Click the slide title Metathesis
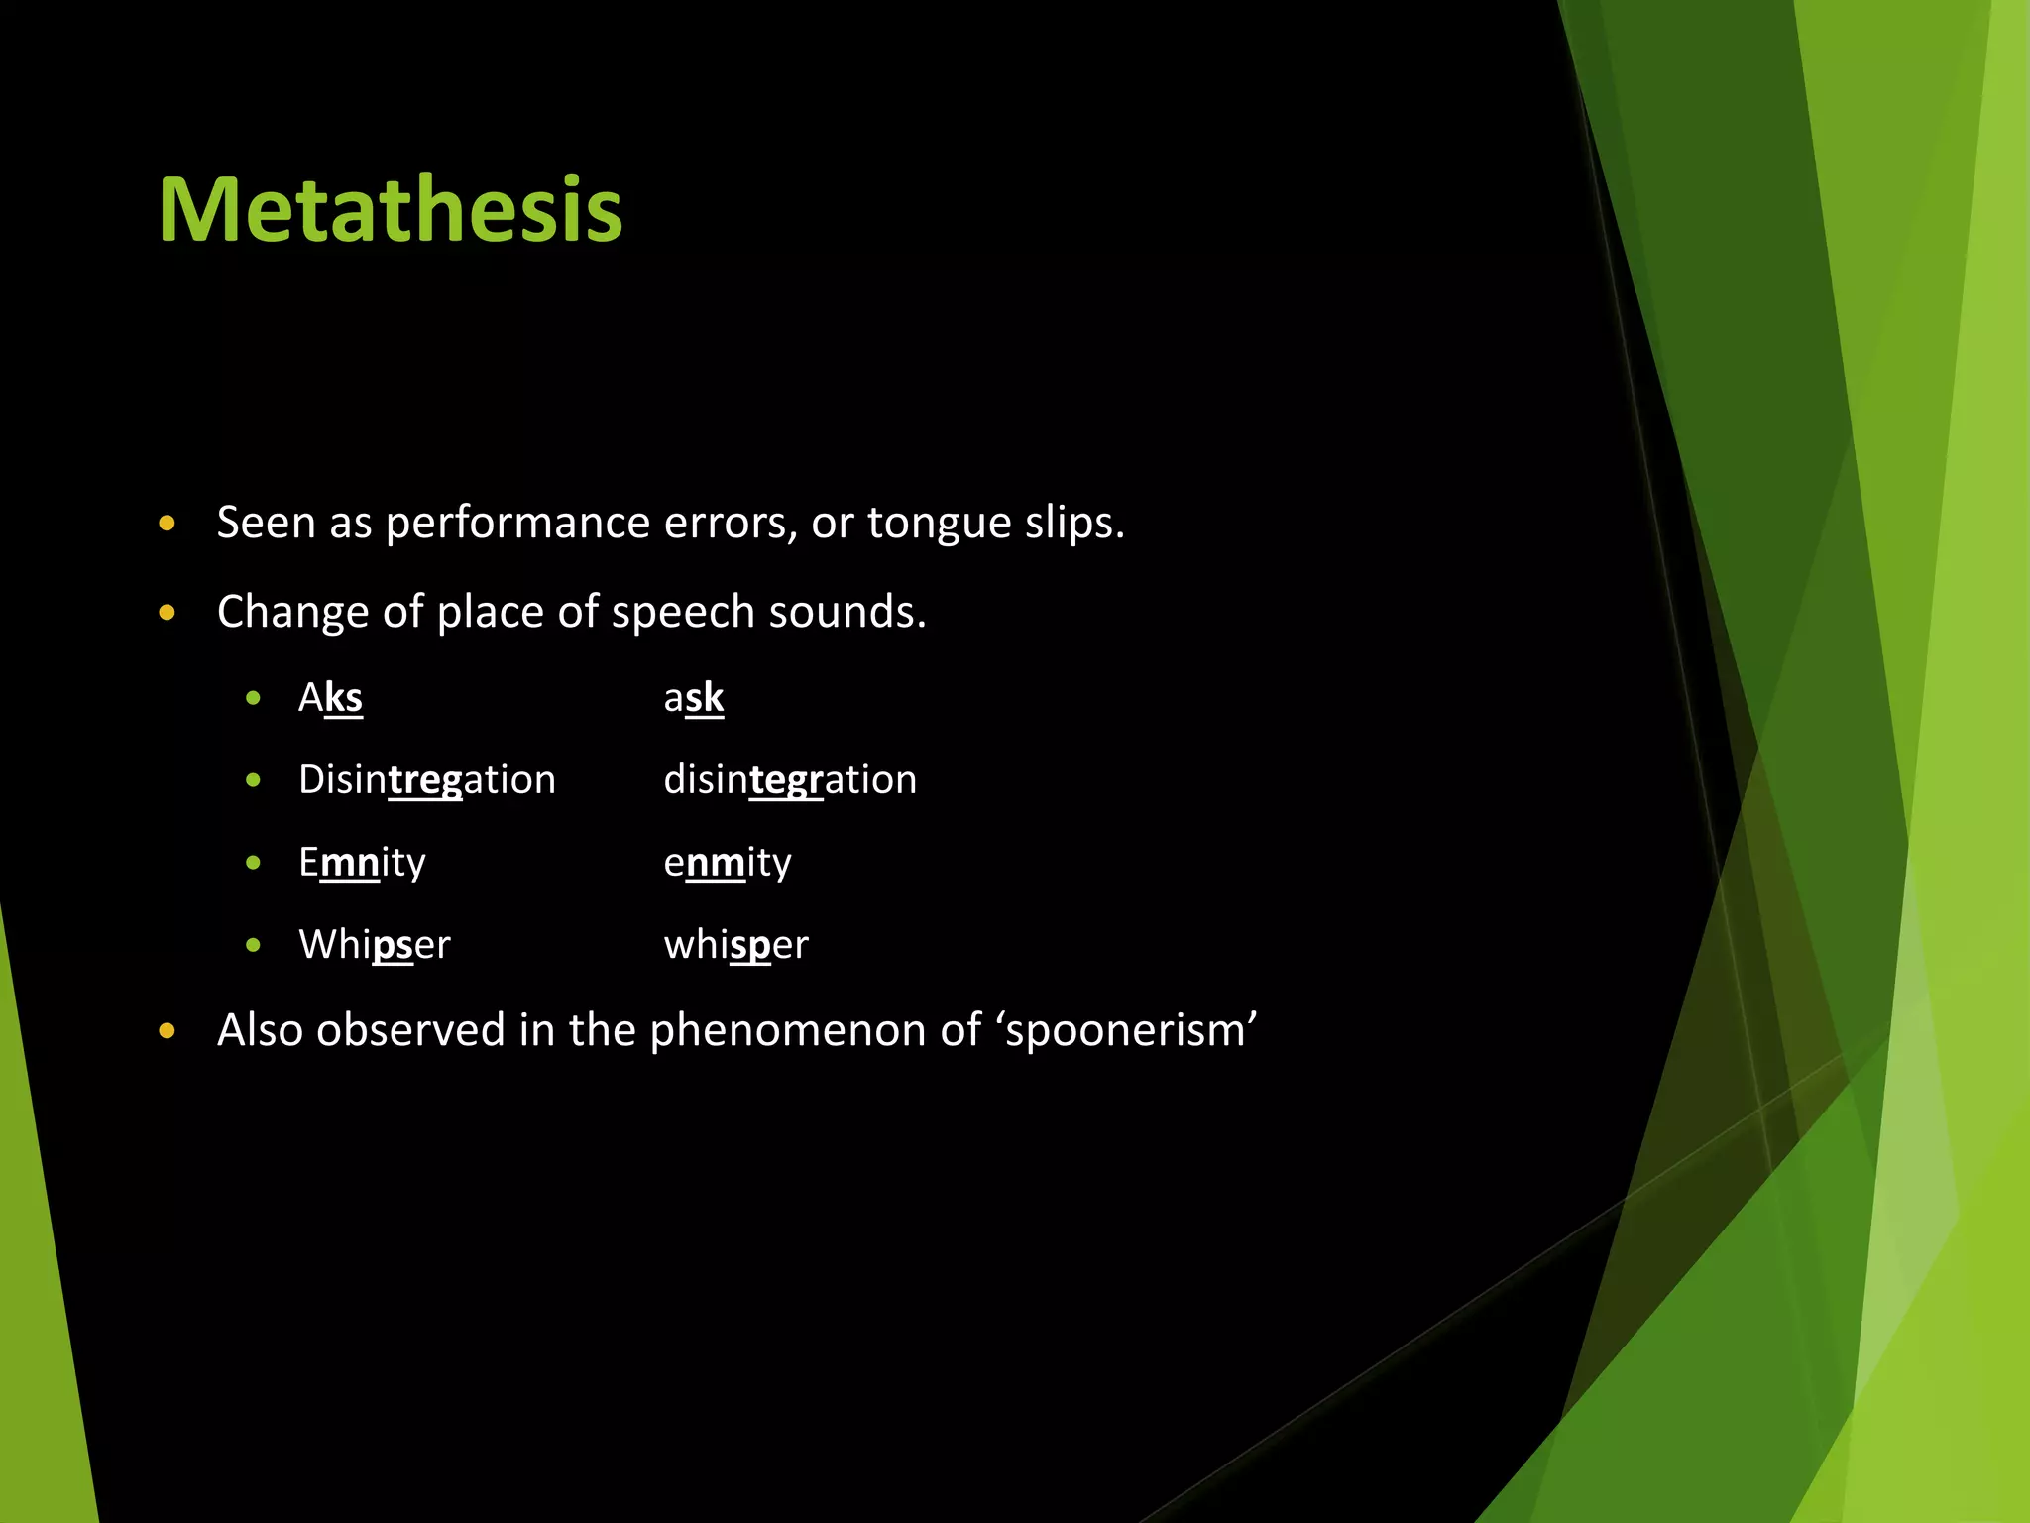(x=390, y=209)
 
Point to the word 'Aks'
(x=330, y=698)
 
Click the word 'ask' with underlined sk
(x=694, y=698)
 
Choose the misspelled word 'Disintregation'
(x=426, y=780)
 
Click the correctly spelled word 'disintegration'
(x=790, y=780)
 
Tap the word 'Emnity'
(x=362, y=863)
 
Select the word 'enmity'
(x=728, y=863)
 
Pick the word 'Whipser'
(x=374, y=945)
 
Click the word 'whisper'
(x=735, y=945)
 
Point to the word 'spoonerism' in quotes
(x=1130, y=1031)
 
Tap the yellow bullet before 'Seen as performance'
(x=167, y=524)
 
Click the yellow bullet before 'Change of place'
(x=167, y=613)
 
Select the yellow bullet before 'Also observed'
(x=167, y=1031)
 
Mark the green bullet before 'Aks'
(x=254, y=698)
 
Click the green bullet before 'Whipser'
(x=254, y=945)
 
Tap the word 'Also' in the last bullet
(x=260, y=1030)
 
